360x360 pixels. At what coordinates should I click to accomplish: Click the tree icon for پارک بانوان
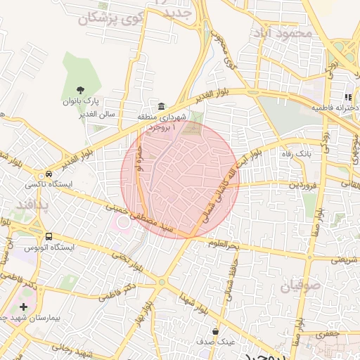79,90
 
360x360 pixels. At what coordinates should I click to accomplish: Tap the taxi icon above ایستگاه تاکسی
49,174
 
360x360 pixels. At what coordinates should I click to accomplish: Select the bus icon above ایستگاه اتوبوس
49,236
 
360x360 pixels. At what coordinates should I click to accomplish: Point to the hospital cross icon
24,307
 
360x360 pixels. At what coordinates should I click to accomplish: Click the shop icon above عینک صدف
214,330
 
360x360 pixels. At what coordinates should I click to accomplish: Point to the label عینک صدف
217,341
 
